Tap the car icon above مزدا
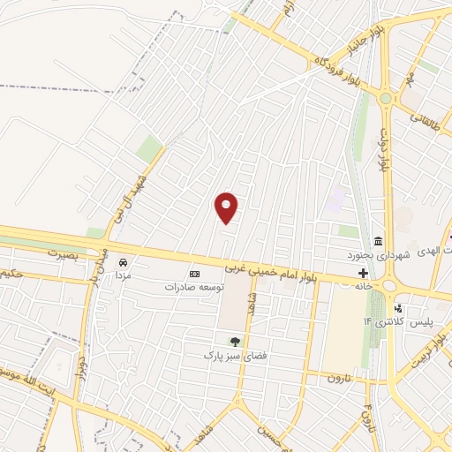coord(124,262)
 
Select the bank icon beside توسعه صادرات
coord(194,275)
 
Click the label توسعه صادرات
coord(194,287)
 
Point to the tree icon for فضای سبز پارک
coord(235,342)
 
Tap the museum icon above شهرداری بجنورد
coord(378,242)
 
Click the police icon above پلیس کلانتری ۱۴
coord(399,308)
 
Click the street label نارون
coord(340,377)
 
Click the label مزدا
coord(123,275)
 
